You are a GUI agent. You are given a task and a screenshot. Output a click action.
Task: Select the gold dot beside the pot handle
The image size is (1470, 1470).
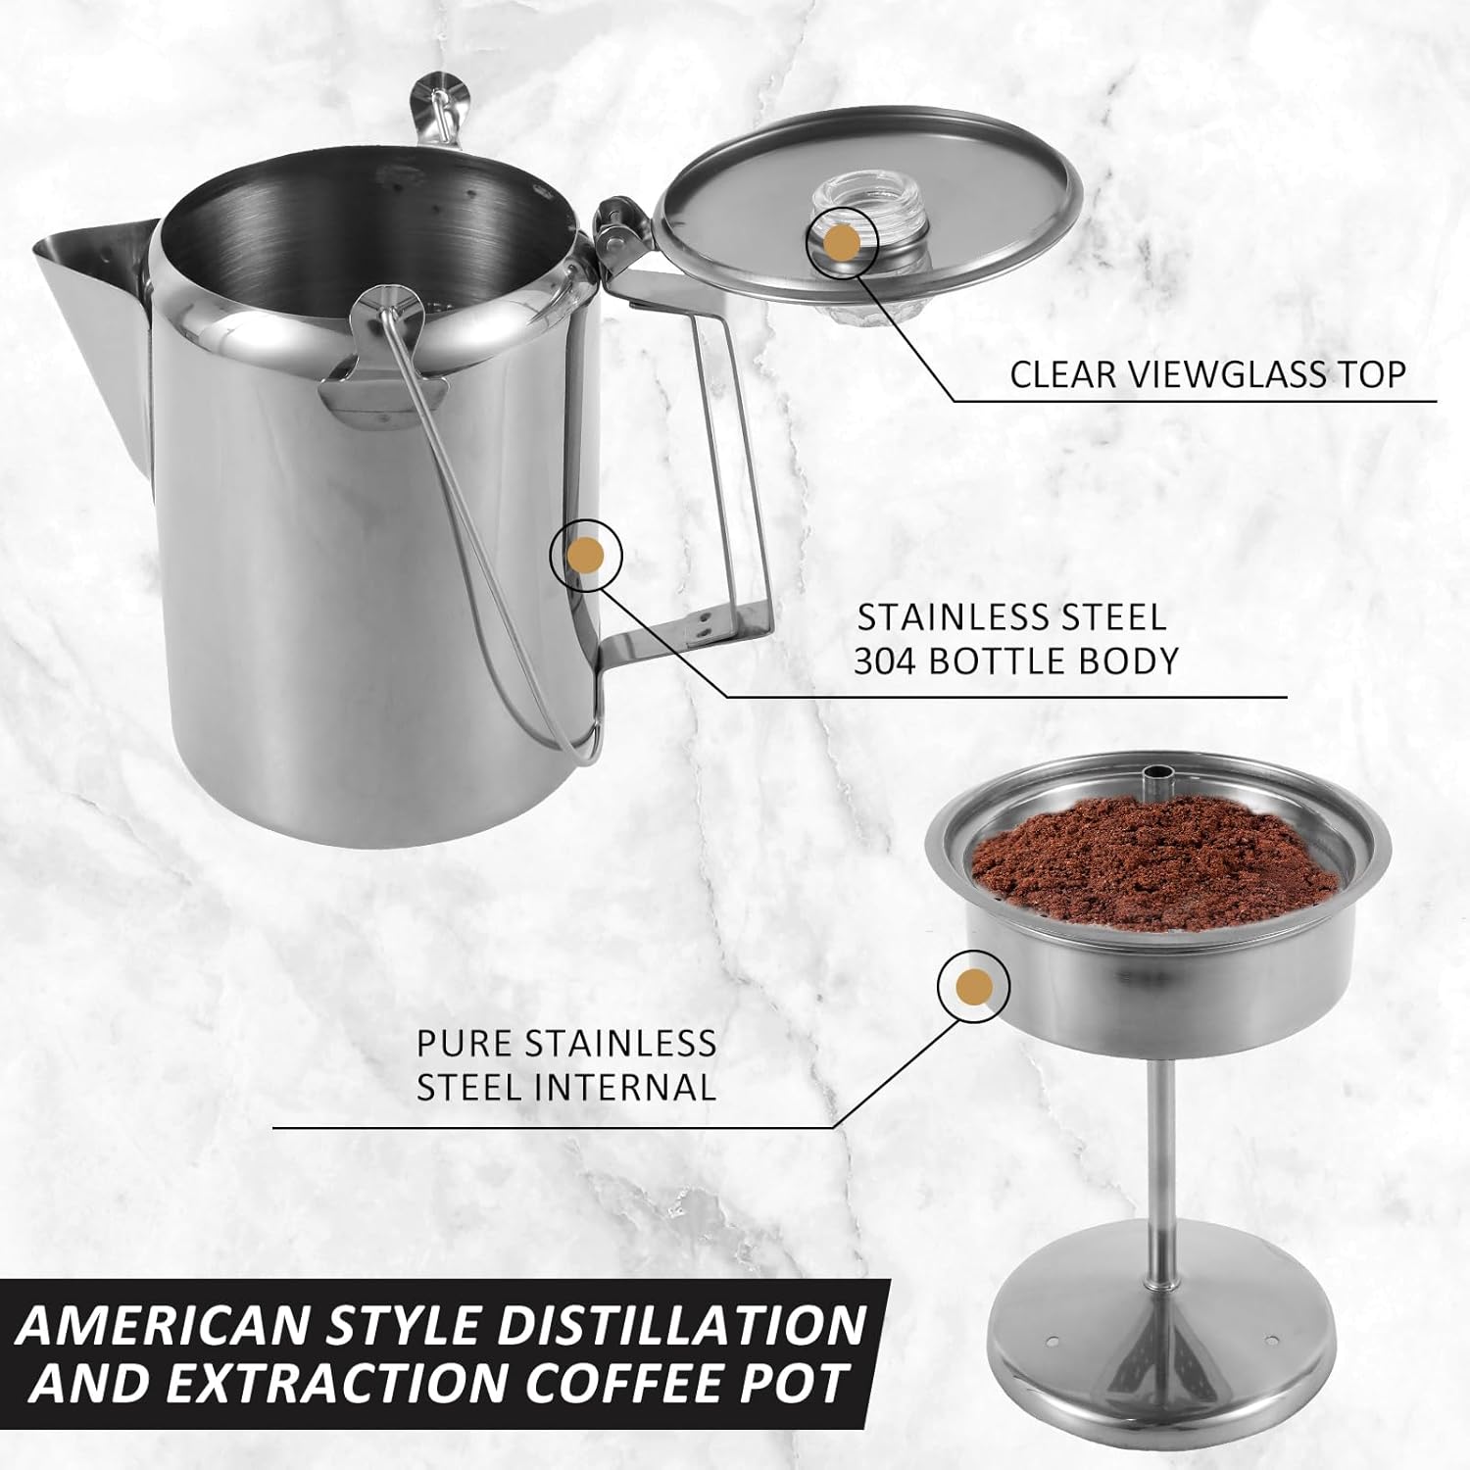[x=586, y=555]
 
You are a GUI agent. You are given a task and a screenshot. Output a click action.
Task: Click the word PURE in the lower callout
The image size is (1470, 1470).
[x=464, y=1044]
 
